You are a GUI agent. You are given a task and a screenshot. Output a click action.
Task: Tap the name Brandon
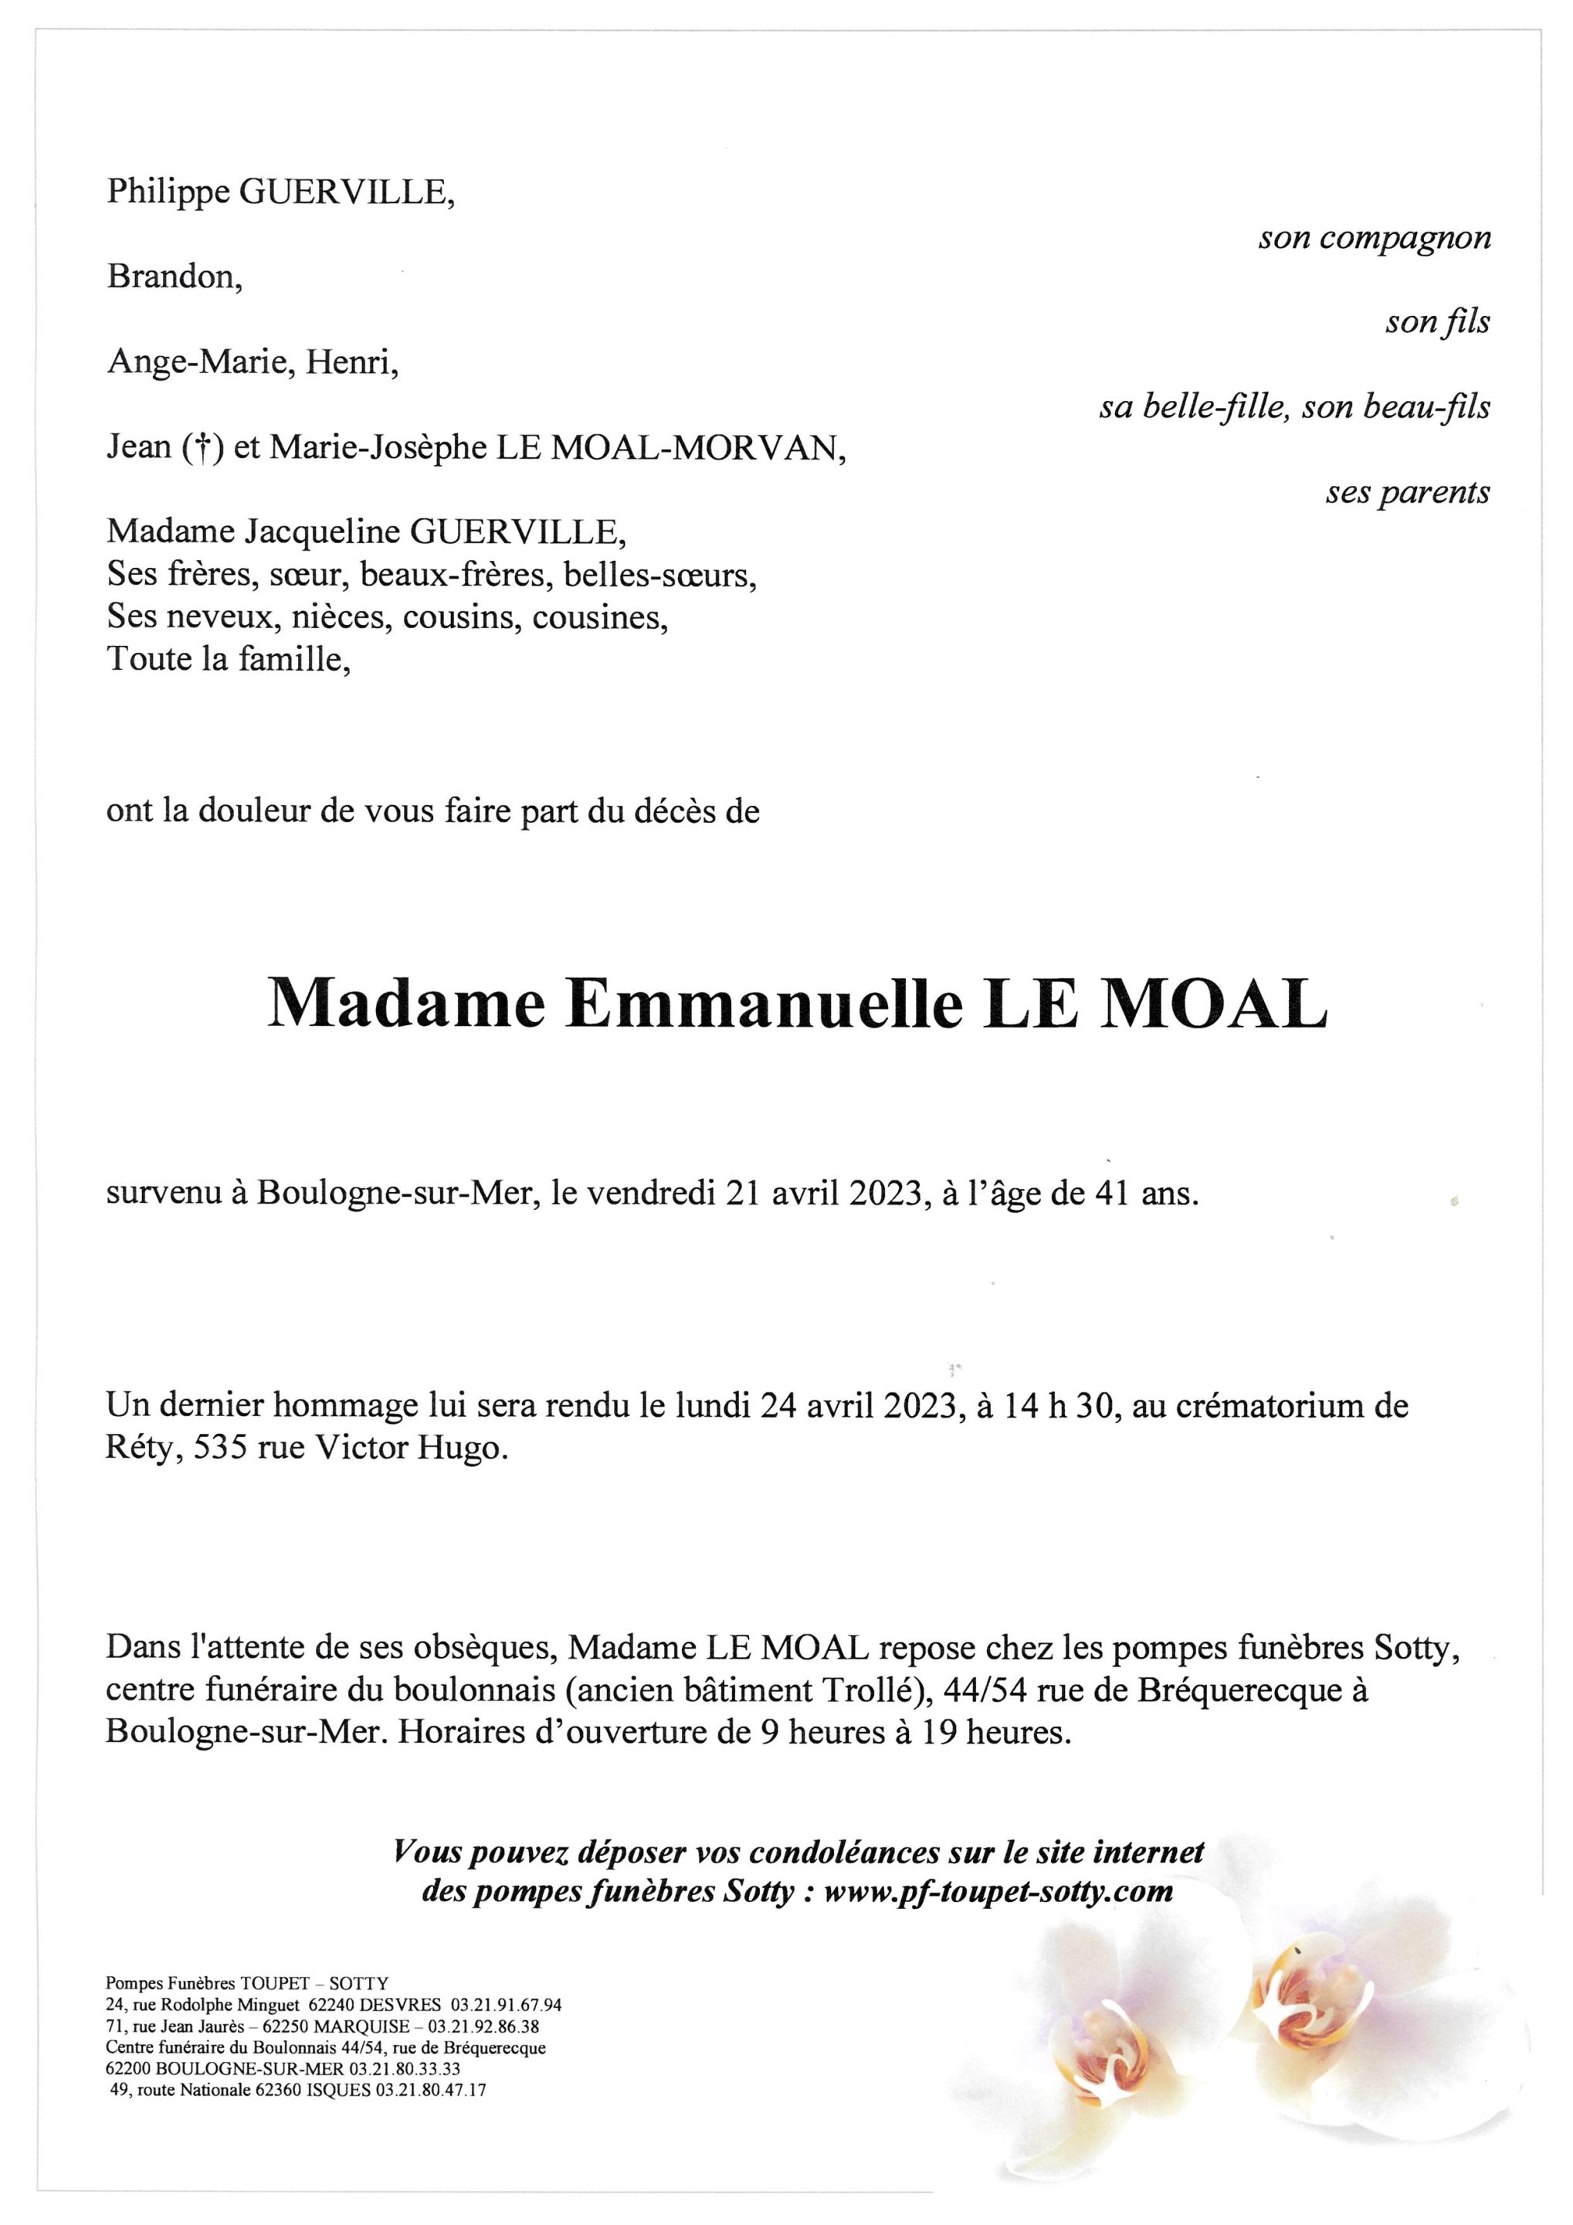point(174,277)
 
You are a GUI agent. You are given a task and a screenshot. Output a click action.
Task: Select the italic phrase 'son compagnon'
point(1374,239)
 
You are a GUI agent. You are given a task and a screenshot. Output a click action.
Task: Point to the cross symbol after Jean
point(202,449)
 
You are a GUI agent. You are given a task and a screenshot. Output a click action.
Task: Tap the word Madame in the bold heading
point(406,1005)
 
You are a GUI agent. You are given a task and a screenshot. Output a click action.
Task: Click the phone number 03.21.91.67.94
point(506,2005)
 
